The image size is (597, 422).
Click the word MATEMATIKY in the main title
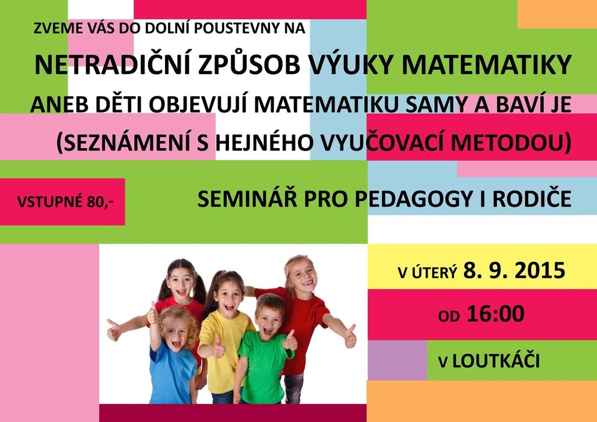(x=486, y=65)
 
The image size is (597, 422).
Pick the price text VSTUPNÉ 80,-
(x=65, y=202)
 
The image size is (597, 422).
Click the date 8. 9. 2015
(x=514, y=271)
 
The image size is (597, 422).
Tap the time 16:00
(x=496, y=314)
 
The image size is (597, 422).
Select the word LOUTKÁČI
(x=496, y=360)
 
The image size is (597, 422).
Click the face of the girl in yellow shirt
(x=228, y=297)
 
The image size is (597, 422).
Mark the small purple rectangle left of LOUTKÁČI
(x=398, y=360)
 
